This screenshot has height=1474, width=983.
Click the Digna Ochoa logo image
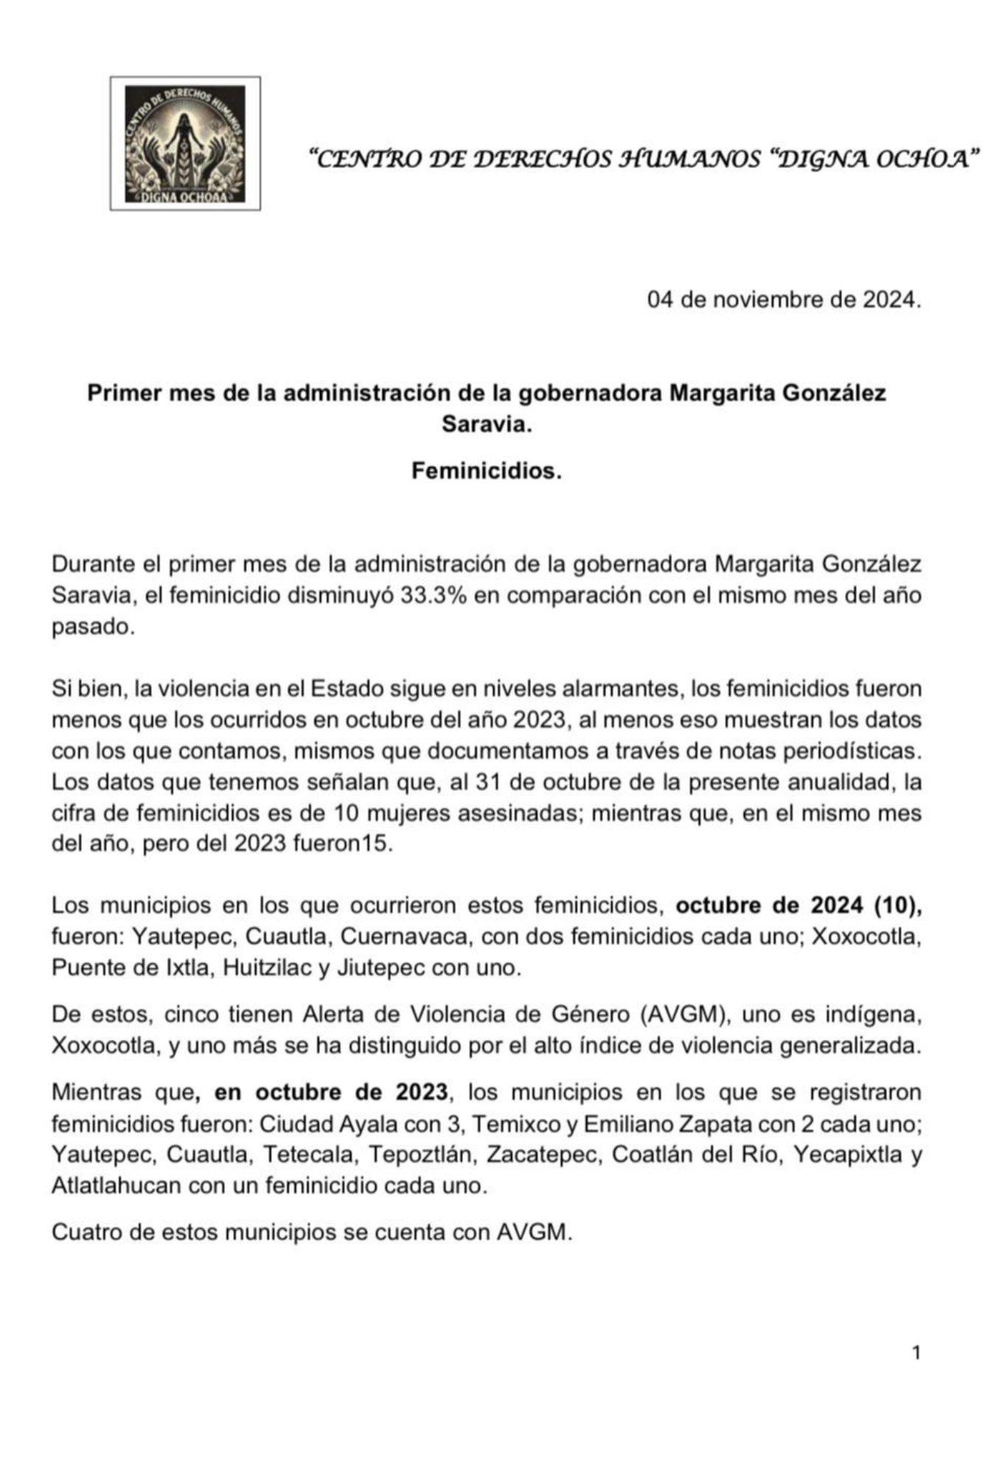click(x=185, y=144)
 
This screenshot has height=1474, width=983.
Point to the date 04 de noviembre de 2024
click(x=784, y=300)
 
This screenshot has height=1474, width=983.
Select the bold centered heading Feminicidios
click(x=487, y=471)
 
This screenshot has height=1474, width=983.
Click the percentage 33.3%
click(x=434, y=595)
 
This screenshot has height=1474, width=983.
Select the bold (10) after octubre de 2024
click(x=897, y=905)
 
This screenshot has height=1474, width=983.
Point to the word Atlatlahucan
click(x=116, y=1186)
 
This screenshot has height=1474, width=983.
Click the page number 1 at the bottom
click(x=916, y=1352)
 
